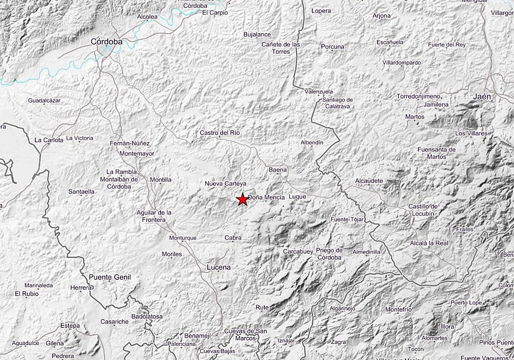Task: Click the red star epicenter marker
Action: coord(242,199)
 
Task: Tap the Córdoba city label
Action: coord(107,42)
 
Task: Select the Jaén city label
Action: coord(482,97)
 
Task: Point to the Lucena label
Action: coord(218,267)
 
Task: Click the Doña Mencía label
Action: coord(266,197)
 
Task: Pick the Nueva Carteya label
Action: coord(225,184)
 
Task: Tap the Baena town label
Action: coord(278,170)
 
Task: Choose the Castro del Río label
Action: coord(220,133)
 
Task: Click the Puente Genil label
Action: coord(110,277)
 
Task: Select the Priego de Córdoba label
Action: coord(329,254)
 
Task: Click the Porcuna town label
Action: coord(332,47)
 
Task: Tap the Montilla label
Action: coord(161,180)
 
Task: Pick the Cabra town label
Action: coord(233,238)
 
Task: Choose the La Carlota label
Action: coord(49,140)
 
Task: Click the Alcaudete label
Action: coord(369,181)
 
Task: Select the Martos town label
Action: coord(415,117)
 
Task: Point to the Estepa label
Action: coord(70,326)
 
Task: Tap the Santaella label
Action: coord(81,192)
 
